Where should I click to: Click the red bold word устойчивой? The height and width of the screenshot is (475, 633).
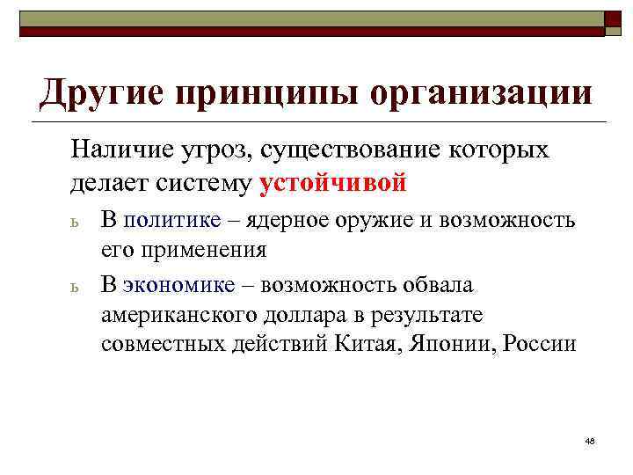tap(334, 183)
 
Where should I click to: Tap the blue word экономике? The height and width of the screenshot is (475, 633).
tap(179, 285)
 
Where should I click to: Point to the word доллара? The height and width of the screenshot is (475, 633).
tap(296, 314)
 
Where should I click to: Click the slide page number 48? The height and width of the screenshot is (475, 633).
tap(589, 440)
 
